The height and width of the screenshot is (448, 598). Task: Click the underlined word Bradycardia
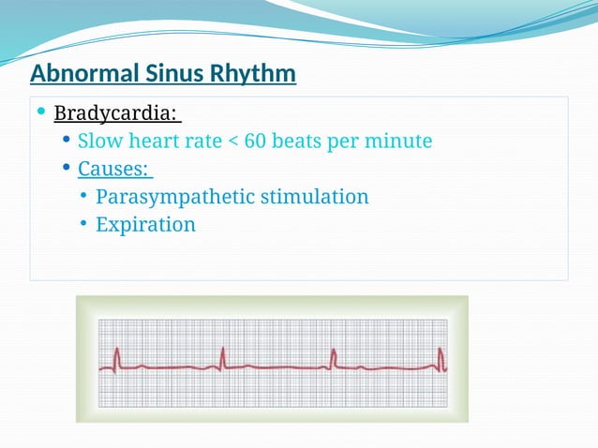click(114, 113)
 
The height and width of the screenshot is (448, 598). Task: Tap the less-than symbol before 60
click(232, 142)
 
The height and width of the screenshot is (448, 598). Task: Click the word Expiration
click(145, 225)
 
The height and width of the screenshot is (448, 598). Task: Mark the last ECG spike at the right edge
click(441, 358)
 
